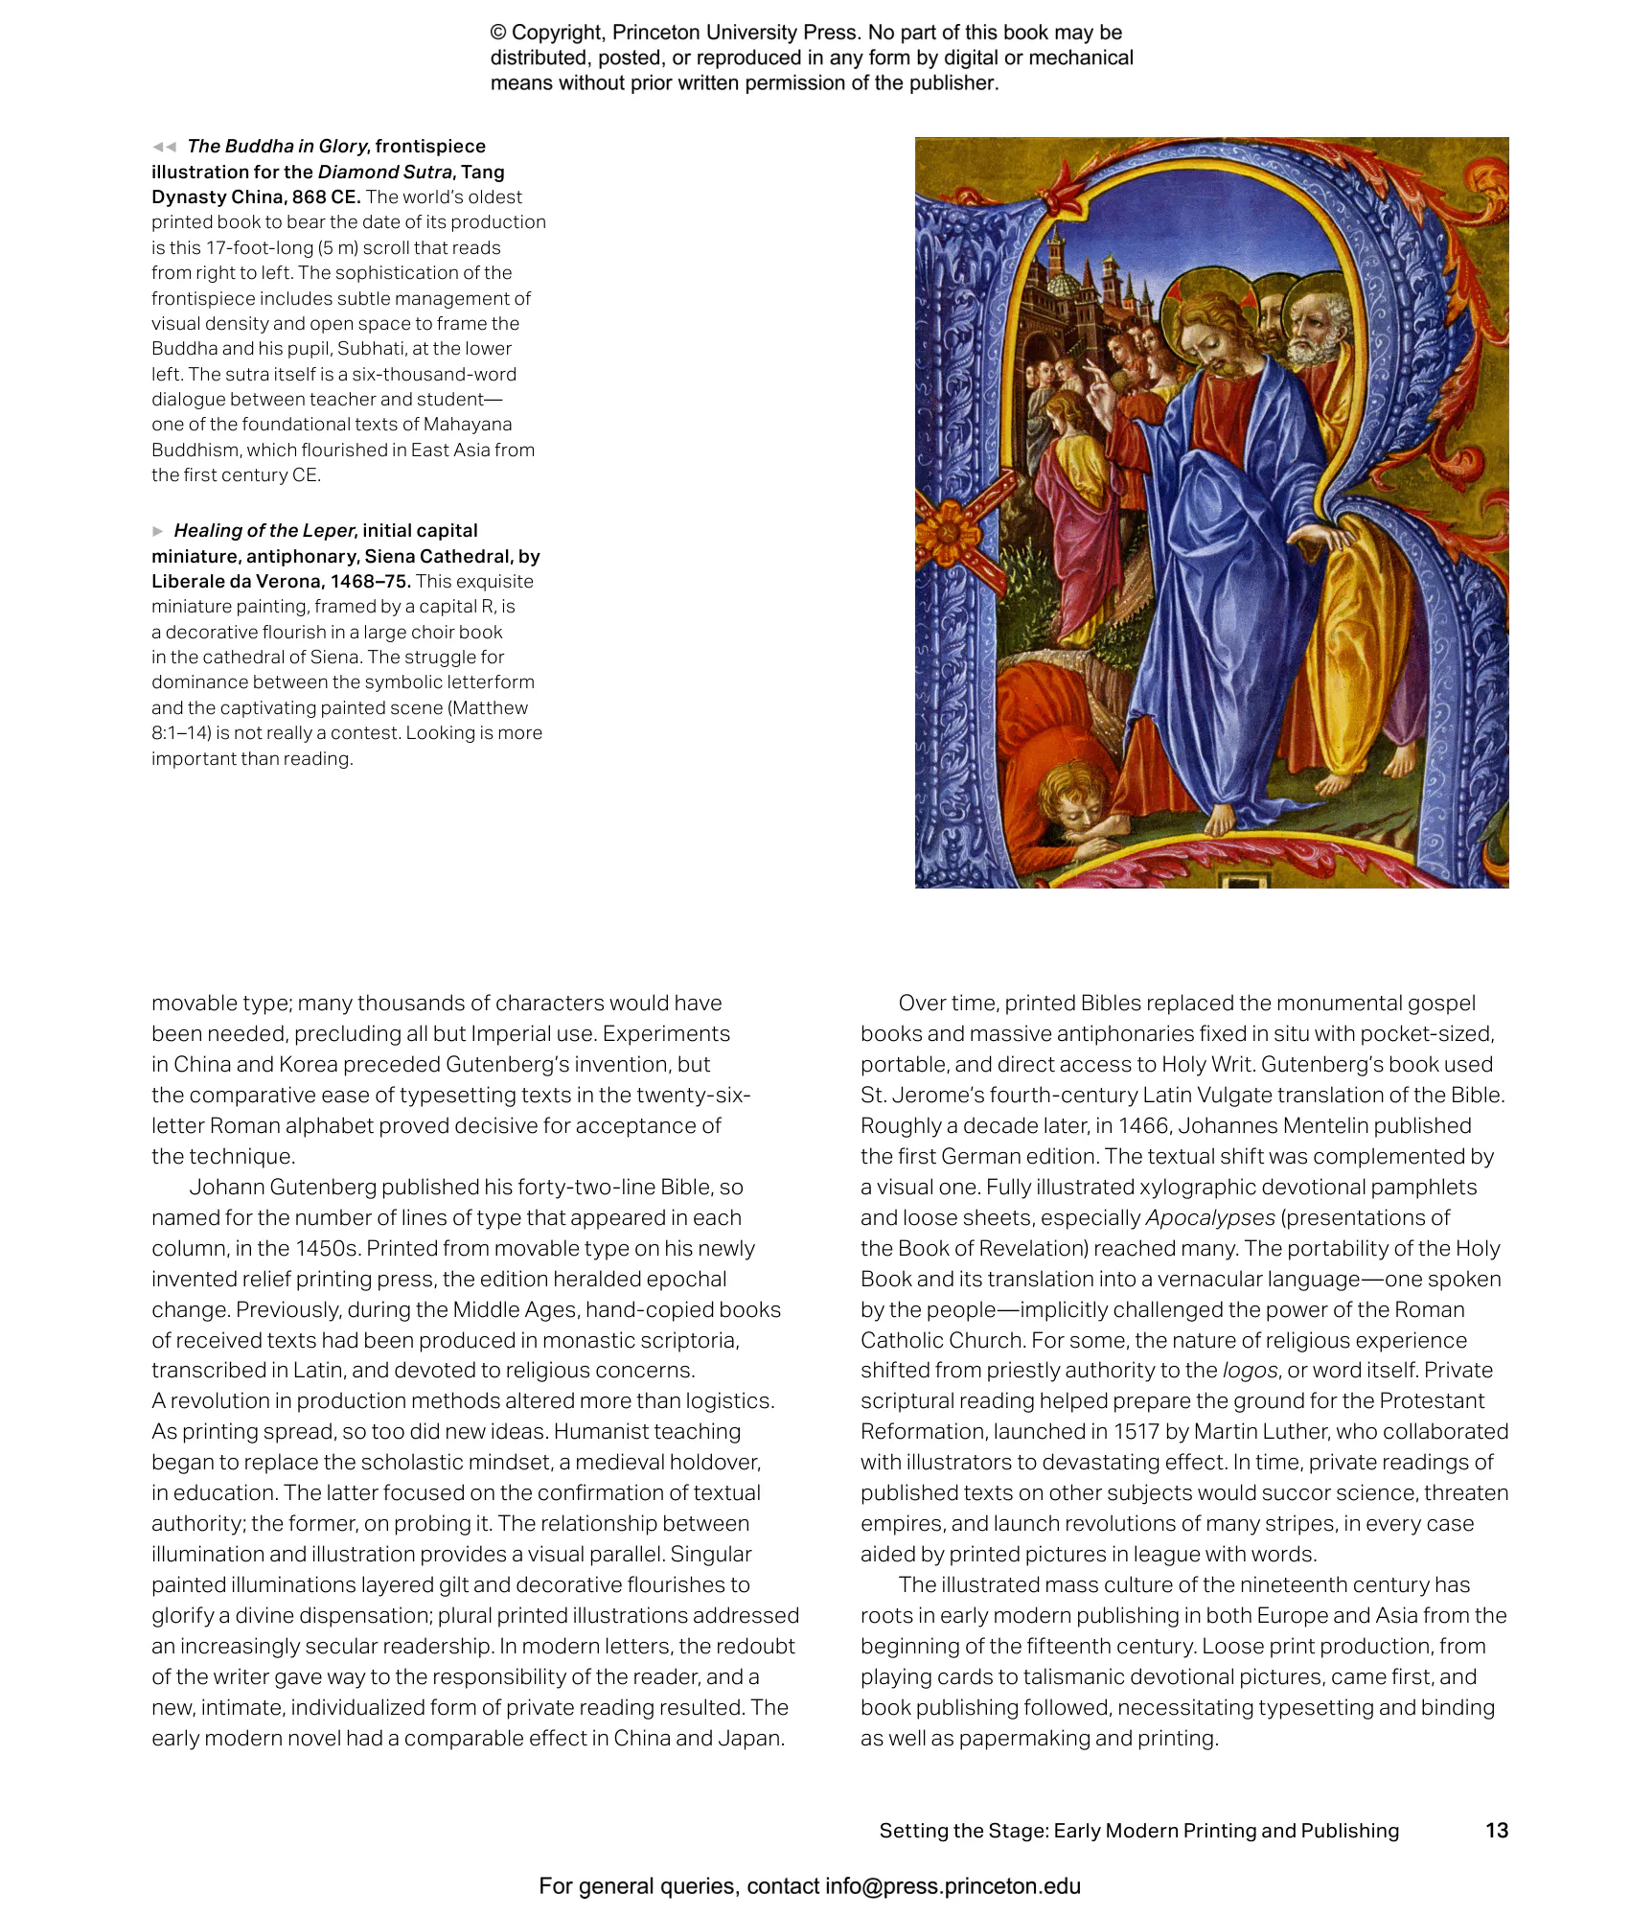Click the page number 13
1496,1830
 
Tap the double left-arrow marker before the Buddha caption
164,147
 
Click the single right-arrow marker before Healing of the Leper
158,531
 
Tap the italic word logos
1250,1371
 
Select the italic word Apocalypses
1210,1218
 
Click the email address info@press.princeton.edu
953,1886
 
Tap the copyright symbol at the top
498,33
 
